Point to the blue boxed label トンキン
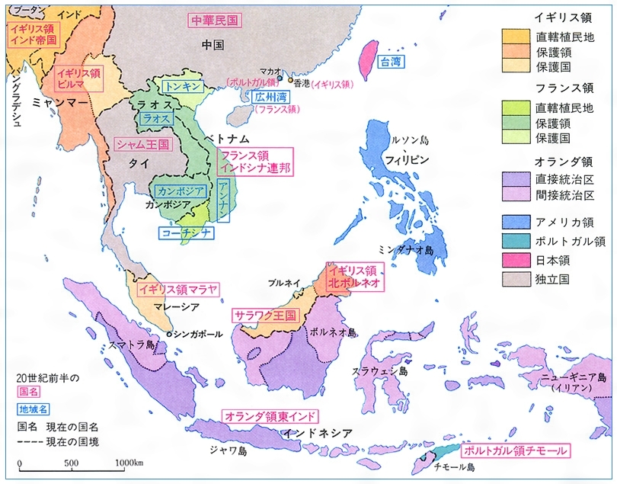coord(183,87)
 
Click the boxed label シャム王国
coord(142,143)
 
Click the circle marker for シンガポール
coord(168,334)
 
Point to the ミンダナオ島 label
coord(407,250)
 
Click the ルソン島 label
coord(411,142)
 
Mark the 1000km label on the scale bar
coord(129,463)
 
